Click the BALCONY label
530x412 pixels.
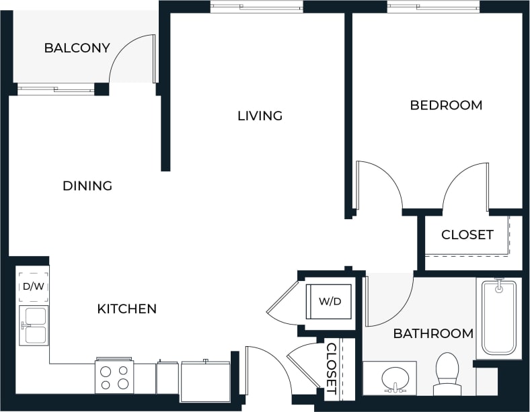(x=67, y=48)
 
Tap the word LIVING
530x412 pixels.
(x=260, y=116)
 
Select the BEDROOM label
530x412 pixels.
(x=446, y=105)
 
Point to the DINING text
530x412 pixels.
(x=87, y=186)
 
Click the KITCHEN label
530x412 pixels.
(x=127, y=308)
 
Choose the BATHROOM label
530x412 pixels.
(x=433, y=333)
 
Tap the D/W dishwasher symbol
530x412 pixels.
(x=32, y=287)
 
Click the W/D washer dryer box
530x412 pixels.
(x=325, y=301)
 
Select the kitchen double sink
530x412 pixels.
(x=33, y=325)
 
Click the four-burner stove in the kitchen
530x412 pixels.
(x=114, y=377)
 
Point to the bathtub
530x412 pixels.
(x=498, y=318)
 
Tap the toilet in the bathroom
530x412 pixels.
(x=447, y=373)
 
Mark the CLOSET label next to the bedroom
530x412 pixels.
(x=467, y=235)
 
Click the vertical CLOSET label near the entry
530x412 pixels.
(x=331, y=368)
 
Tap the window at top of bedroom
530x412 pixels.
(x=433, y=7)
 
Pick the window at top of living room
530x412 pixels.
(x=256, y=7)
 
